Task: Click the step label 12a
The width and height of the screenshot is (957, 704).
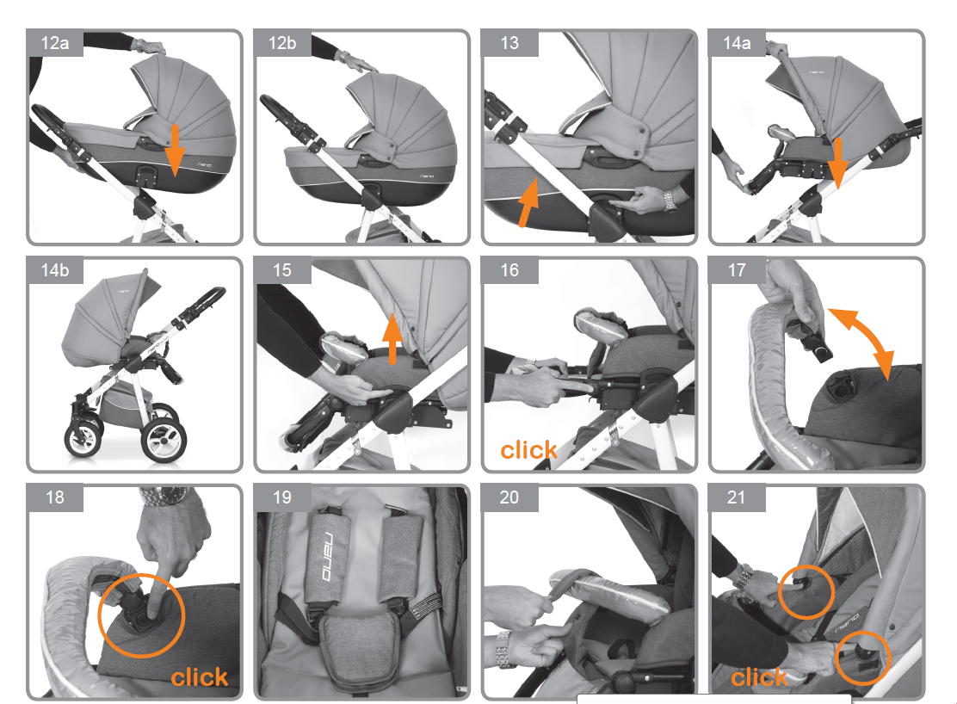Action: tap(55, 43)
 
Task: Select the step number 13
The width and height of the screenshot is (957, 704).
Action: tap(509, 43)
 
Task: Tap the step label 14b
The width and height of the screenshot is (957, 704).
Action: tap(55, 270)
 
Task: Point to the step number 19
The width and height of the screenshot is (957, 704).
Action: tap(282, 497)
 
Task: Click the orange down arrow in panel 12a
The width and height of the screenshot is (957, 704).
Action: tap(175, 150)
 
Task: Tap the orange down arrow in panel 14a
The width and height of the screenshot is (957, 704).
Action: tap(838, 163)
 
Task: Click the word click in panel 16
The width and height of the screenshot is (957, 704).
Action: tap(528, 450)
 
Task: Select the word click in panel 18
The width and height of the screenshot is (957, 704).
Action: tap(199, 677)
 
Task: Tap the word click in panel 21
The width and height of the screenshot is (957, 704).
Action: tap(759, 677)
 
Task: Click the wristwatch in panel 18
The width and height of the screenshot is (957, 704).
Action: tap(164, 497)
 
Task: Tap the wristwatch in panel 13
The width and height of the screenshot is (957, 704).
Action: tap(669, 201)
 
